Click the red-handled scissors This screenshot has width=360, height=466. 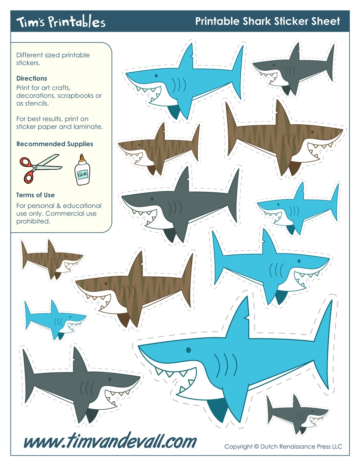39,167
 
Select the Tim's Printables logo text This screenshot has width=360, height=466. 61,22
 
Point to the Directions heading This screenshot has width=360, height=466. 32,78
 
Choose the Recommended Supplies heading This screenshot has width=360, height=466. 55,144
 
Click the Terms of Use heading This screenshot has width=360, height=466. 35,195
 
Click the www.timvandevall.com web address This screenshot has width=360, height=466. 110,442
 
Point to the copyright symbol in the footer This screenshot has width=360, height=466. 256,447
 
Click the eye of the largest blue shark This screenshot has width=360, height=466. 189,350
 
